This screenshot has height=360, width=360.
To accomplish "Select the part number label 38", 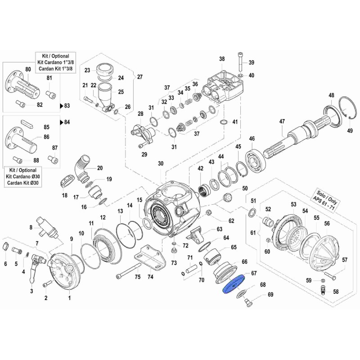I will coord(221,59).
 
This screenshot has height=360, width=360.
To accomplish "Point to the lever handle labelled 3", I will coord(33,273).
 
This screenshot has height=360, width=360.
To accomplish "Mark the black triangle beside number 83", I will coord(62,106).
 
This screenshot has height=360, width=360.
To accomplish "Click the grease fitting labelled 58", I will coord(323,289).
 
